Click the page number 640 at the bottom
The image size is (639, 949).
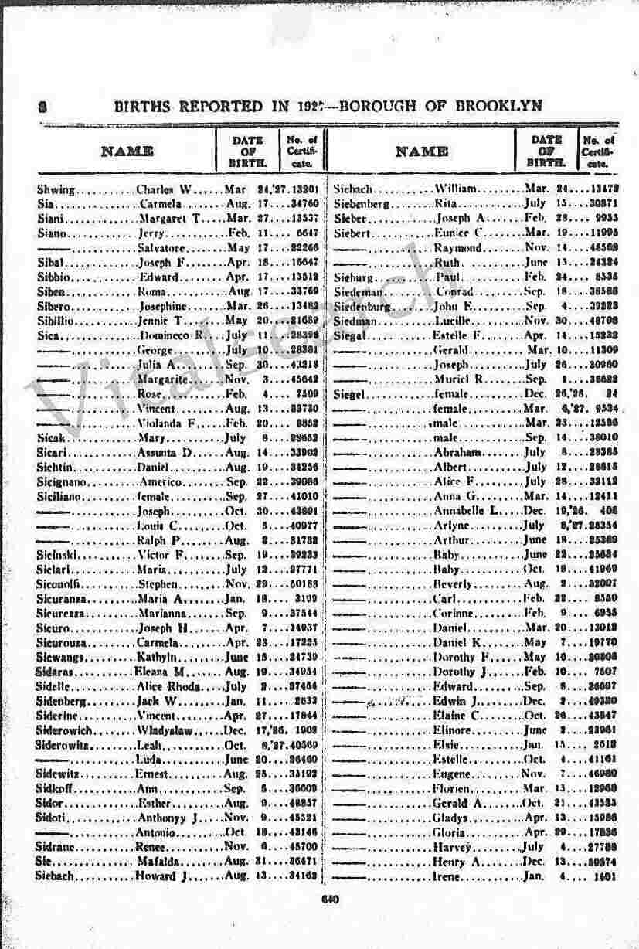tap(329, 898)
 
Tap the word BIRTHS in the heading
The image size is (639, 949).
tap(144, 106)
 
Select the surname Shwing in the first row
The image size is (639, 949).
tap(56, 189)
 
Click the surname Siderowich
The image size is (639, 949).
tap(64, 730)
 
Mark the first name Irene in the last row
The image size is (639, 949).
tap(448, 876)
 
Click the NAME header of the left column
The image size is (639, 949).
tap(127, 151)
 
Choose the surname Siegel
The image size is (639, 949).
tap(352, 394)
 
